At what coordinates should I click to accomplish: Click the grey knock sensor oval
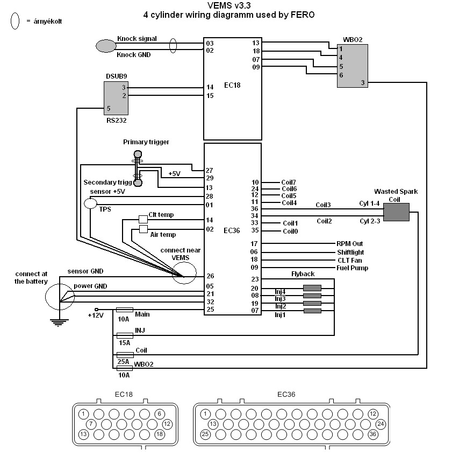pos(106,46)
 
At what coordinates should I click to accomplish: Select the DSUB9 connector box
pos(116,99)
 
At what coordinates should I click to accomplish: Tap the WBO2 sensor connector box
pos(353,66)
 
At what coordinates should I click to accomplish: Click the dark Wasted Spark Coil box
pos(396,212)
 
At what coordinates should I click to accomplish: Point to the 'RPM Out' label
pos(349,244)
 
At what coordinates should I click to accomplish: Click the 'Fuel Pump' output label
pos(352,268)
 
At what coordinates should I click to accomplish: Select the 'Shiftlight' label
pos(350,252)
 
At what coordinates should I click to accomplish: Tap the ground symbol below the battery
pos(59,322)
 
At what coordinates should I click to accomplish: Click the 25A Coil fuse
pos(125,355)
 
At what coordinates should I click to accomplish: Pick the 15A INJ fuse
pos(125,335)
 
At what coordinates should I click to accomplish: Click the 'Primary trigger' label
pos(146,142)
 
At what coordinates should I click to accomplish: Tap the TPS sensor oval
pos(90,204)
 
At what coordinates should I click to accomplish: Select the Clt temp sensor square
pos(143,219)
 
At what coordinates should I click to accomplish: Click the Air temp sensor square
pos(144,229)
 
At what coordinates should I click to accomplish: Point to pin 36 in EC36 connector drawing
pos(373,434)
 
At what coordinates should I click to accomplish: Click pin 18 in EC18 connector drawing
pos(160,434)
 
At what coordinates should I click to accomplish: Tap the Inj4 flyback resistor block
pos(312,288)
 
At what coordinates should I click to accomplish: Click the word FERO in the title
pos(303,15)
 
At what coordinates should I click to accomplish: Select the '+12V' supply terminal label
pos(96,315)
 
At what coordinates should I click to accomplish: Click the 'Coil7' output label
pos(289,183)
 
